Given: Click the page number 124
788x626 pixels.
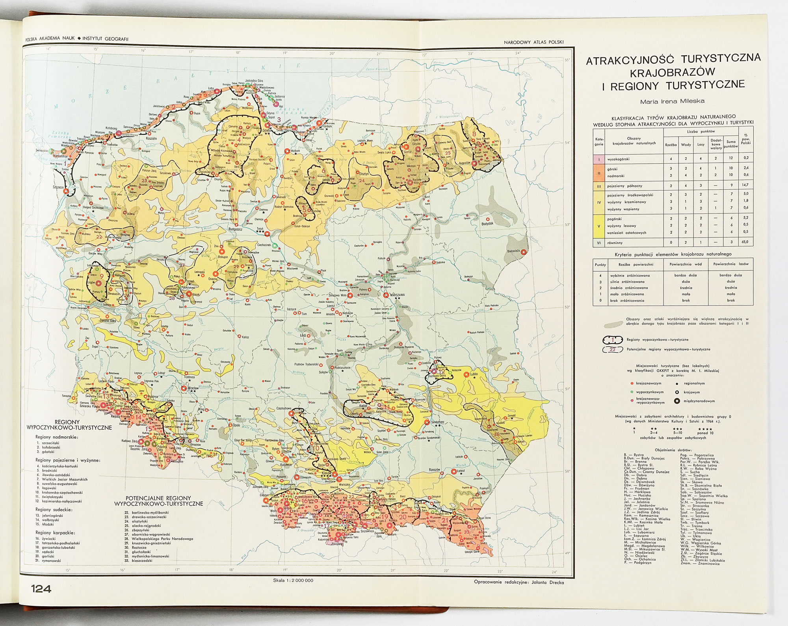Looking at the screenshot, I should tap(41, 589).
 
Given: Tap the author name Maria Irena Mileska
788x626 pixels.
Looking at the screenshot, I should tap(672, 101).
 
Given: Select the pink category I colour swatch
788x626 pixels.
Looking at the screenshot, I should tap(599, 159).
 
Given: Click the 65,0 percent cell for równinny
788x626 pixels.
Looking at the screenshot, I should tap(745, 242).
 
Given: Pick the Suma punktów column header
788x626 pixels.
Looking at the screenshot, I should tap(731, 144).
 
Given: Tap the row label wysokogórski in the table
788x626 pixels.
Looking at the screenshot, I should tap(618, 159).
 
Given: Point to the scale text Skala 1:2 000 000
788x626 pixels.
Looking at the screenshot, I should tap(293, 580).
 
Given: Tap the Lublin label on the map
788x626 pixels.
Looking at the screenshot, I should tap(474, 374).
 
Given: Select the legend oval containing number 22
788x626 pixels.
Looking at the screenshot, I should tap(613, 349).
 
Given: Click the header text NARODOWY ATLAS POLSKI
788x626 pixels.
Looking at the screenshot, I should tap(534, 42).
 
